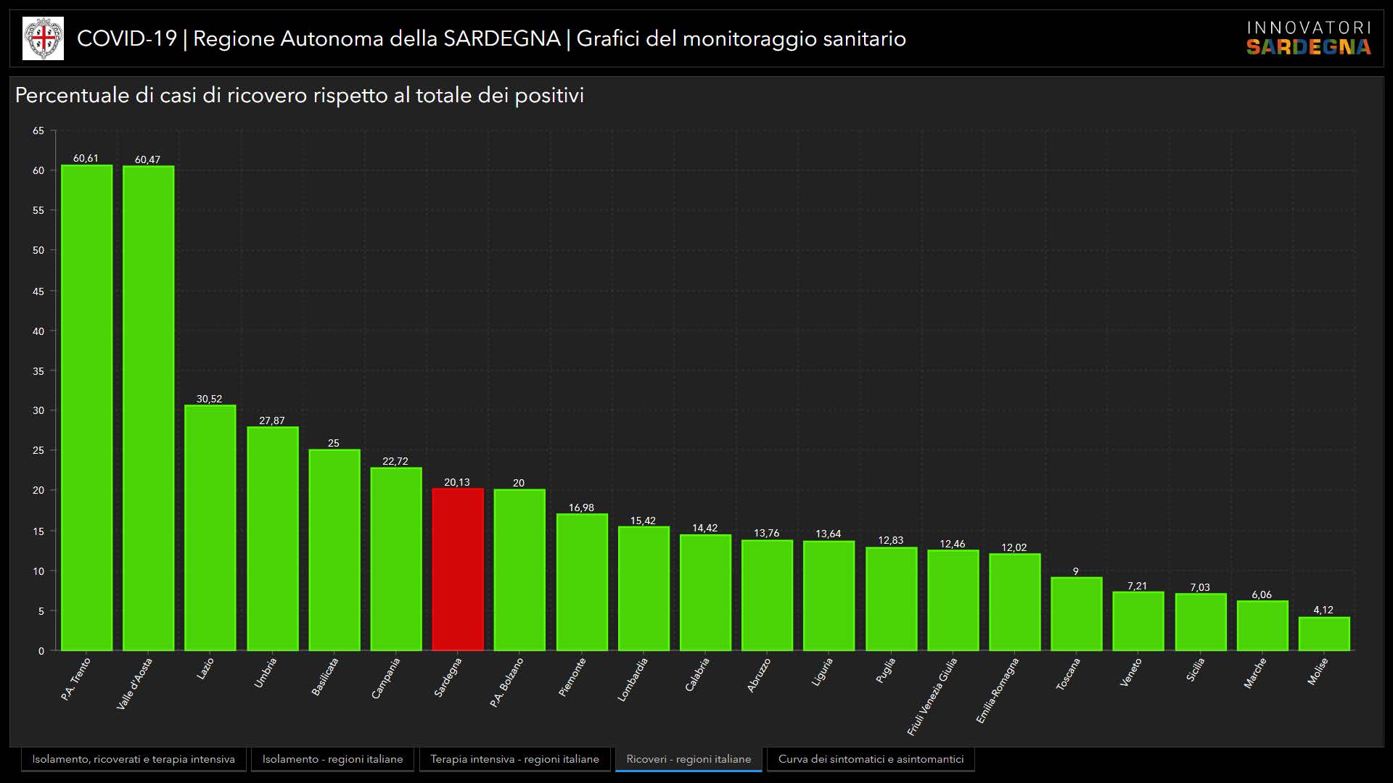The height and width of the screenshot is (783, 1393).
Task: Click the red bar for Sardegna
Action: pyautogui.click(x=458, y=570)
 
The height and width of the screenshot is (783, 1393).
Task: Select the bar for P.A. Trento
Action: pyautogui.click(x=86, y=407)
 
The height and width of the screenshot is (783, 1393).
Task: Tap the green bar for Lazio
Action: pyautogui.click(x=210, y=528)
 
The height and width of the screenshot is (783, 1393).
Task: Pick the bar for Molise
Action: pyautogui.click(x=1324, y=634)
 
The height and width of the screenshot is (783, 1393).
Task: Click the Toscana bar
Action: pyautogui.click(x=1076, y=614)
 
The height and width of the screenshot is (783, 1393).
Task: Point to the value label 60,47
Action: pyautogui.click(x=147, y=159)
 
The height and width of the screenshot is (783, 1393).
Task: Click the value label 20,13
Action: pyautogui.click(x=457, y=482)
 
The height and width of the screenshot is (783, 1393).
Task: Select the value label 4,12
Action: pyautogui.click(x=1323, y=610)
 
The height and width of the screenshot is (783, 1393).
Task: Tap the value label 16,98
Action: pyautogui.click(x=581, y=507)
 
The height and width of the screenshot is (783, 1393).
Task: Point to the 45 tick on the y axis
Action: pyautogui.click(x=38, y=291)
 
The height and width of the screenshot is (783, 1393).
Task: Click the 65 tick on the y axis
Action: pyautogui.click(x=38, y=131)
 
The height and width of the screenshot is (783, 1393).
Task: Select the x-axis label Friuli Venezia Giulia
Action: pyautogui.click(x=933, y=695)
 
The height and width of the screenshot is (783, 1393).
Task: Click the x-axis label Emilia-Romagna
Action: pyautogui.click(x=998, y=689)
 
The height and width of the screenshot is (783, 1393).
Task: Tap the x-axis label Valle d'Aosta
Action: pyautogui.click(x=135, y=683)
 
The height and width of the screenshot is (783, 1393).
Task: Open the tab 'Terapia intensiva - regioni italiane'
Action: pyautogui.click(x=514, y=759)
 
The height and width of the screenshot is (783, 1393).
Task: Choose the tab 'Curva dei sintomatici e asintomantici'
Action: pyautogui.click(x=871, y=759)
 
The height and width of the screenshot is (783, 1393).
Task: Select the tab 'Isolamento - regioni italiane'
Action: pyautogui.click(x=332, y=759)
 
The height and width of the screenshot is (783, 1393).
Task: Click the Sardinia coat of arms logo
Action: pyautogui.click(x=44, y=38)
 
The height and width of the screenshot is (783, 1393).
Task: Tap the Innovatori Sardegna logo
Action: pyautogui.click(x=1308, y=38)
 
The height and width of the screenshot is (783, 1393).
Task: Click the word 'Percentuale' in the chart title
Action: pyautogui.click(x=72, y=96)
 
